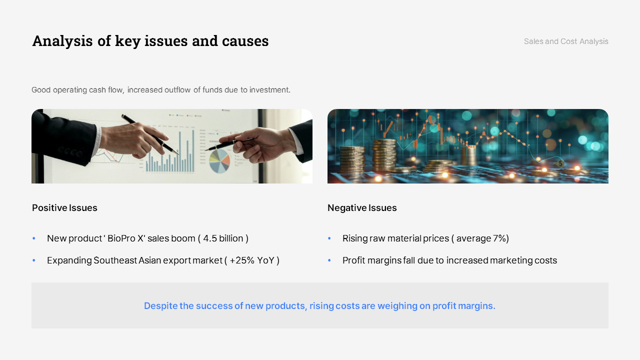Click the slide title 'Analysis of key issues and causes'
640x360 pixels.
tap(150, 41)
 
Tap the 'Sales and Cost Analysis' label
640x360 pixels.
tap(566, 41)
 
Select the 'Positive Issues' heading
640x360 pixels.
tap(64, 207)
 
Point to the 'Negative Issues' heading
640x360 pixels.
tap(362, 207)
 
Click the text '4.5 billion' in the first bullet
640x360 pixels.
tap(223, 238)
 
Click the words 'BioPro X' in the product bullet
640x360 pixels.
tap(125, 238)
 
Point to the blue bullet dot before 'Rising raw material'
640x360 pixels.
tap(329, 238)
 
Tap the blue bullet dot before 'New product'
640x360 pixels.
tap(34, 238)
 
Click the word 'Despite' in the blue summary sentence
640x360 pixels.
tap(160, 305)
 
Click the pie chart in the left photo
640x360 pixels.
tap(219, 161)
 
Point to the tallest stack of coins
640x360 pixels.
tap(384, 155)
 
